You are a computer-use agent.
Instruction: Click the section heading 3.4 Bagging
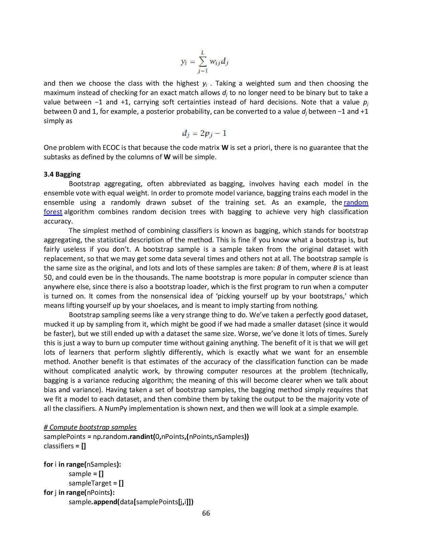pos(62,174)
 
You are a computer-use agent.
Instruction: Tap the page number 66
pos(206,513)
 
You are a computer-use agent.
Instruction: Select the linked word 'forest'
pos(53,212)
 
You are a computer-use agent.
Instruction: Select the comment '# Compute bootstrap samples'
pos(90,427)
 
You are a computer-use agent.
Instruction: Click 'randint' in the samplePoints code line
pos(142,437)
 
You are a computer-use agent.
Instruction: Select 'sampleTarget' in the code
pos(90,483)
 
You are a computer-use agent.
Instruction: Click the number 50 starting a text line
pos(48,277)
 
